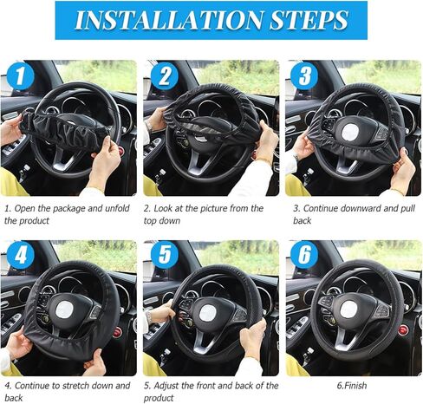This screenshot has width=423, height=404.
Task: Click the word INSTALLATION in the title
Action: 169,20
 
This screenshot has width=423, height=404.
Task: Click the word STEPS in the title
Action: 309,20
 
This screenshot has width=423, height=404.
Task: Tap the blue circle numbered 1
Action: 20,76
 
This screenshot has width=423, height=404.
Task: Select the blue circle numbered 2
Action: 165,76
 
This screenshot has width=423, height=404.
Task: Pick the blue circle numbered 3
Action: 304,76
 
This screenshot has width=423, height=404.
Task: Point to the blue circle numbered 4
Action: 20,255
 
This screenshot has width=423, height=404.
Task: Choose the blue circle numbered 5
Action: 165,255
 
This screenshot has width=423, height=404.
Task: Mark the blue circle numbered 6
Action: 304,255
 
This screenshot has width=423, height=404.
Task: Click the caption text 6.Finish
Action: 352,386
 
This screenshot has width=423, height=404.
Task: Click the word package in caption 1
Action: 69,209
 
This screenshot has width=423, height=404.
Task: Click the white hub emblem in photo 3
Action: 350,132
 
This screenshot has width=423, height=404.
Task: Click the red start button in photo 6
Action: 403,329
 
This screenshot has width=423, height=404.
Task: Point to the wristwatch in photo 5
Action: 148,316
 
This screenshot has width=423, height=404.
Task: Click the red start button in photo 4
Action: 117,333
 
